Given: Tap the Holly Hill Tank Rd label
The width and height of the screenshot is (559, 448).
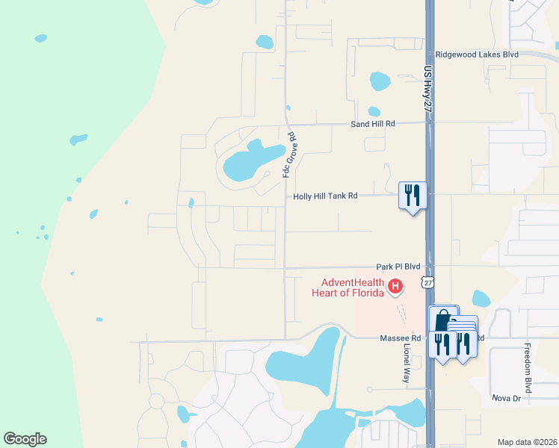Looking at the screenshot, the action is (325, 196).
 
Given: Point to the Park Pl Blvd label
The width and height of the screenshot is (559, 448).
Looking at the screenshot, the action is (398, 267).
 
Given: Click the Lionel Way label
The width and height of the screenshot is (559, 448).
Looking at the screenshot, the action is (407, 364).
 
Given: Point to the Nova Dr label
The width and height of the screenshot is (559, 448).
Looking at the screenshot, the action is (506, 398).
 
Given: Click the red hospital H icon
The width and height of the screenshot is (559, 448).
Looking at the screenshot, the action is (395, 286).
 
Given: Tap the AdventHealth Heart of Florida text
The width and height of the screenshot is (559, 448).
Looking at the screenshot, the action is (353, 287).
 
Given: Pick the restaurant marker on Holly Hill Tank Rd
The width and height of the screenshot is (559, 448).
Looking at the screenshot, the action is (413, 196).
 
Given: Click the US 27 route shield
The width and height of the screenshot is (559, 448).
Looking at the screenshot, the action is (427, 281).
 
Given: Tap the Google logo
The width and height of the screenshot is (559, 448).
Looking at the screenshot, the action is (25, 439).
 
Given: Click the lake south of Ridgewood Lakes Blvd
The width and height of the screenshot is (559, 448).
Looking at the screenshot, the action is (380, 80).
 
